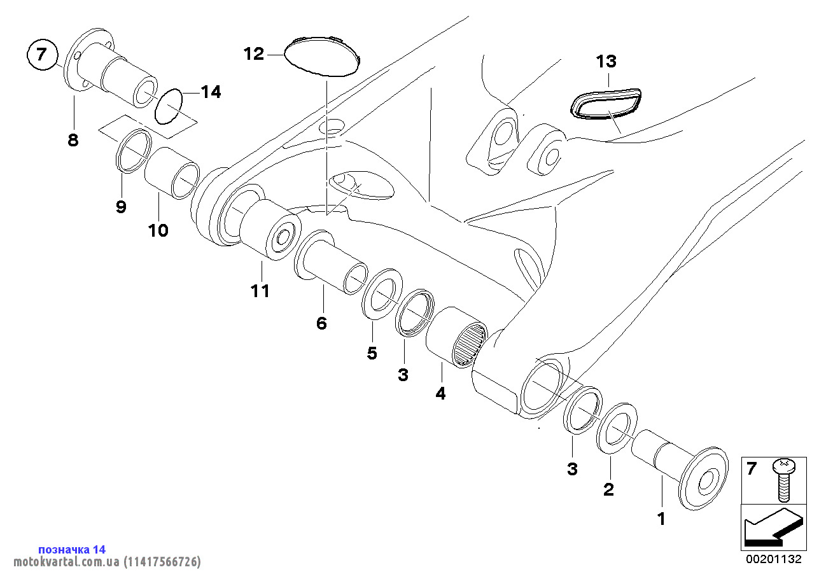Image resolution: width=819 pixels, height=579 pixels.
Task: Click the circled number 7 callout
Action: (42, 54)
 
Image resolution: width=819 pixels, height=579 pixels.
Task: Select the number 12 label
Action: (254, 54)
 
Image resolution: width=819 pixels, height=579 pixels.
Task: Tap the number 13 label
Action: (606, 62)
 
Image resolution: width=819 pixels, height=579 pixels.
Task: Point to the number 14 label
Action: (211, 92)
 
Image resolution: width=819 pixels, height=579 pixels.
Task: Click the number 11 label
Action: (260, 291)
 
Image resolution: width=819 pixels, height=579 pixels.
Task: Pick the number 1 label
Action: (661, 519)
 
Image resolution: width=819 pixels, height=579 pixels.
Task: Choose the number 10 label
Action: (158, 230)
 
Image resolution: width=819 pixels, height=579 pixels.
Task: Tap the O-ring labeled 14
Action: (169, 107)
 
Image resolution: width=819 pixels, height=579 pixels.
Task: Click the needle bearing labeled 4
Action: (457, 337)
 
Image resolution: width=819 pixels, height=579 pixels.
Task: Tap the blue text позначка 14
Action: (72, 549)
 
